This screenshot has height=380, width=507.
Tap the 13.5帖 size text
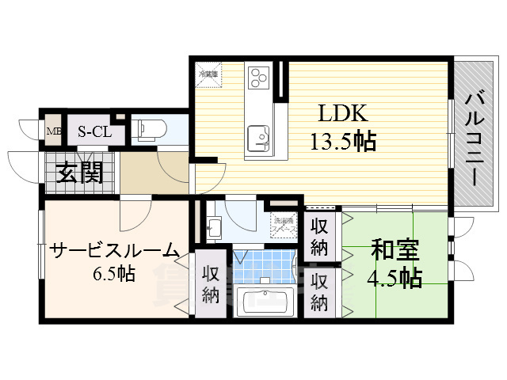coord(342,142)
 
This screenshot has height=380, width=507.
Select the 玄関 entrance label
coord(80,172)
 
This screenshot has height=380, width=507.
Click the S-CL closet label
coord(93,131)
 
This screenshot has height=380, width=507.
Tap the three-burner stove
coord(259,77)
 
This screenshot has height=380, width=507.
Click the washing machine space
coord(284,223)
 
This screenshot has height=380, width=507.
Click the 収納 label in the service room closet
coord(209,286)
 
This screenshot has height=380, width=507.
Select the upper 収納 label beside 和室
coord(319,236)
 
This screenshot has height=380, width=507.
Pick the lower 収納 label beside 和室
coord(319,291)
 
